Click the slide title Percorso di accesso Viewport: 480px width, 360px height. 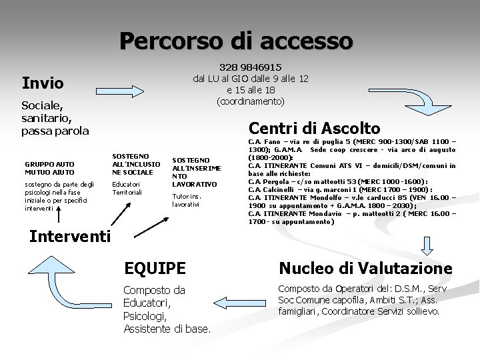click(x=236, y=41)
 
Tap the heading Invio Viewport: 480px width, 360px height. click(x=43, y=83)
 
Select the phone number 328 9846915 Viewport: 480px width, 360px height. click(x=250, y=67)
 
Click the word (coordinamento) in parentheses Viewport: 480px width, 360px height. click(x=250, y=101)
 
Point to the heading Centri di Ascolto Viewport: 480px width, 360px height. click(x=314, y=128)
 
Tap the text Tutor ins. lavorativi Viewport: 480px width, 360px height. click(x=186, y=200)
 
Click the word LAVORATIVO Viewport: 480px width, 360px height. click(x=195, y=183)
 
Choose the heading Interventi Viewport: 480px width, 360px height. click(x=71, y=237)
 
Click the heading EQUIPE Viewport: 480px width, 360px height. click(x=155, y=269)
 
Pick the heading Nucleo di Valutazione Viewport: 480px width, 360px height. click(x=365, y=269)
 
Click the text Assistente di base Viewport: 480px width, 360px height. click(x=167, y=328)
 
